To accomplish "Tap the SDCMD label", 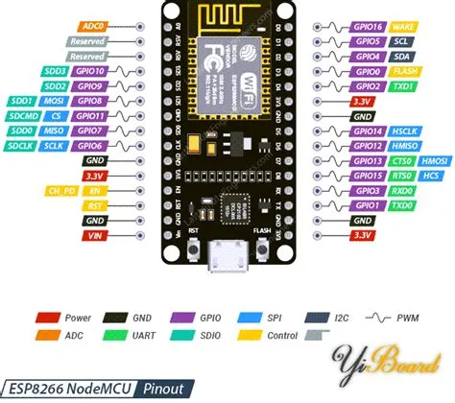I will coord(24,115).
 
